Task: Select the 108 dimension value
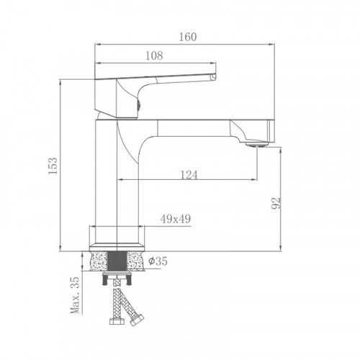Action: point(154,55)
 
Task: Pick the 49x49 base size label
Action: point(175,219)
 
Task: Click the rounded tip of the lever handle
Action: point(214,77)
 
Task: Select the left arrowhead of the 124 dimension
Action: point(120,179)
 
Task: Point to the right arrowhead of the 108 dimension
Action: point(213,61)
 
